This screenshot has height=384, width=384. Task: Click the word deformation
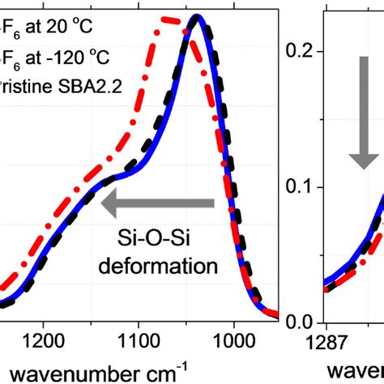pyautogui.click(x=166, y=264)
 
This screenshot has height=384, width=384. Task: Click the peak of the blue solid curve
pyautogui.click(x=194, y=18)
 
